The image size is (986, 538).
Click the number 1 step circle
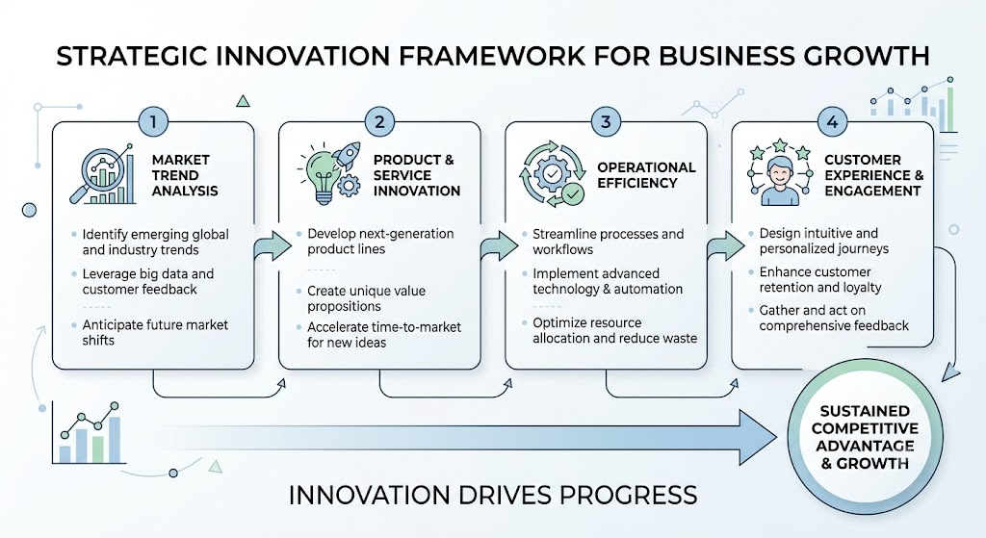pos(153,121)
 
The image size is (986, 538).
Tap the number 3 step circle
pos(606,121)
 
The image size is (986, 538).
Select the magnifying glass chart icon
pos(102,174)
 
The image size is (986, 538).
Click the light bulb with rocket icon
pos(329,173)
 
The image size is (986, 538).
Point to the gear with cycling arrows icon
pos(552,173)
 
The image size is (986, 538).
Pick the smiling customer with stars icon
pos(780,173)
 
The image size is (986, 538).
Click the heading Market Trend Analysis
pos(185,175)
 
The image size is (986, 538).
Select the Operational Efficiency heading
pos(646,175)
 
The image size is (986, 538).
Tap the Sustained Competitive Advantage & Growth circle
pos(865,438)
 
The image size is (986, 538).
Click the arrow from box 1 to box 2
pos(272,244)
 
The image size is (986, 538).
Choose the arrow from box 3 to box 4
pos(725,244)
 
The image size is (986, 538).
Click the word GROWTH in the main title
pos(867,56)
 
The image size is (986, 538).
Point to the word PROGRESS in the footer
pos(629,495)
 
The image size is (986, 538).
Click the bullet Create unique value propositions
pos(367,298)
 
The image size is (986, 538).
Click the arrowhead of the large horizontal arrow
pos(758,438)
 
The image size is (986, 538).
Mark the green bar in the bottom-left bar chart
pos(97,448)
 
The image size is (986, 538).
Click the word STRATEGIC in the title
pos(133,56)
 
